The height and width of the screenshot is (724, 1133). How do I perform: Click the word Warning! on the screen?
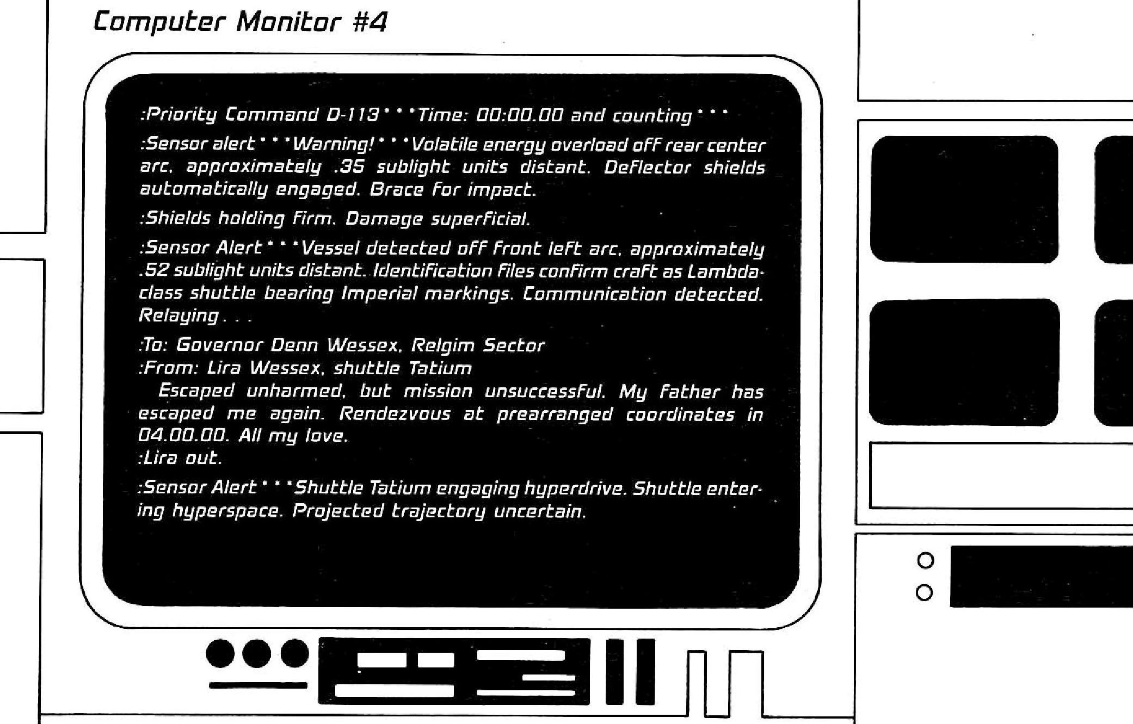click(334, 144)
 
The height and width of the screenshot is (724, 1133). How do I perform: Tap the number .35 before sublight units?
click(349, 167)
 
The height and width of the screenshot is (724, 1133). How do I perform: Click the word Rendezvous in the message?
click(395, 414)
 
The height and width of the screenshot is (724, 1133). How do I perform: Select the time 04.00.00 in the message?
click(182, 436)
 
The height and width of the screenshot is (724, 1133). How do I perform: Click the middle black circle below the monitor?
click(257, 653)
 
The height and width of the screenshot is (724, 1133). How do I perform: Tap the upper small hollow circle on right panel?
click(925, 560)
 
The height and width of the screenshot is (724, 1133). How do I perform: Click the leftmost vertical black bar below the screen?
click(615, 671)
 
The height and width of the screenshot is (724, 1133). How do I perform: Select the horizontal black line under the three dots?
click(258, 685)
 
